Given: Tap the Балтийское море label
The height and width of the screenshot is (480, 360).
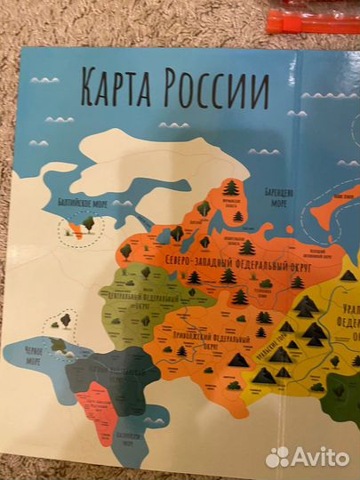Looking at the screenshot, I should [76, 203].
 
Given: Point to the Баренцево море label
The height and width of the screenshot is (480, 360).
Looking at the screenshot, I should [273, 193].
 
